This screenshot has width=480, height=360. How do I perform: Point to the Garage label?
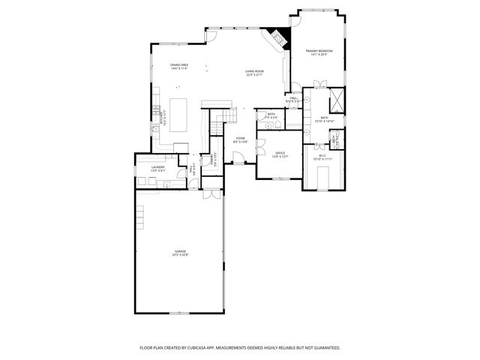click(181, 253)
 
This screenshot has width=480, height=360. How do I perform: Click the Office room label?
click(280, 154)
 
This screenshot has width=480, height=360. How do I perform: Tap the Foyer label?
click(241, 139)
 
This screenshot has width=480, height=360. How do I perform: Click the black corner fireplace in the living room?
click(278, 38)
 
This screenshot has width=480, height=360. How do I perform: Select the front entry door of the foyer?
click(239, 158)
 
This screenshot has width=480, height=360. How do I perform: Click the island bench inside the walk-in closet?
click(324, 178)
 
